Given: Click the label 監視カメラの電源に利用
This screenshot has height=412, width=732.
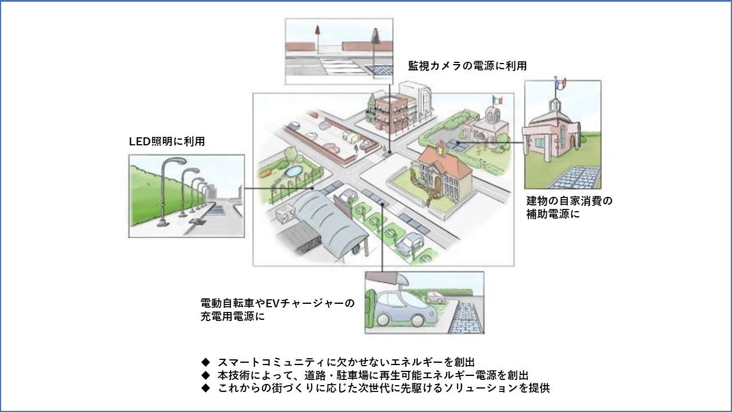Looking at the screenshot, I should (x=467, y=66).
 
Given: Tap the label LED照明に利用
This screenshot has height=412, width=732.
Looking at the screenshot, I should (x=167, y=141).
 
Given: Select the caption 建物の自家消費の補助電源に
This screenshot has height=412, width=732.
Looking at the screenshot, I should (x=569, y=208).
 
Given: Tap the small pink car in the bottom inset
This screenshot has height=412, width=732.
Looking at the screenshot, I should (x=436, y=297).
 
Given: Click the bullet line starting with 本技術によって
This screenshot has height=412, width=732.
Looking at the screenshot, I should (x=372, y=375).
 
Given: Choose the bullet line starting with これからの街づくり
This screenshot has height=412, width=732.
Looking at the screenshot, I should (x=384, y=388).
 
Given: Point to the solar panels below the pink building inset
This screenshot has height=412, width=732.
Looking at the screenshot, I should (x=575, y=178).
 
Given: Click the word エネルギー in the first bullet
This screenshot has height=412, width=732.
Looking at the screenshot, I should (x=404, y=362).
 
